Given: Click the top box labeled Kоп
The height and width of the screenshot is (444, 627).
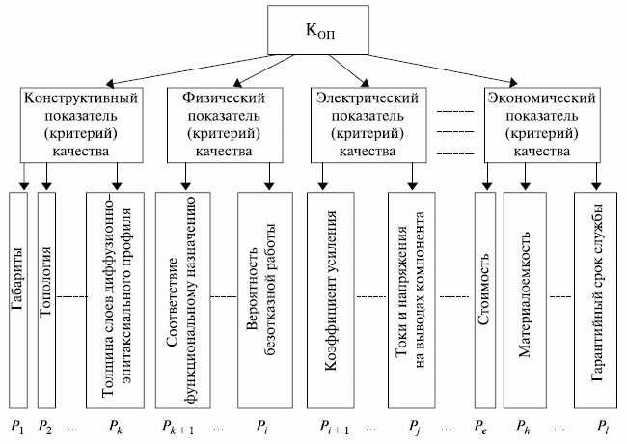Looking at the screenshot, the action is tap(318, 30).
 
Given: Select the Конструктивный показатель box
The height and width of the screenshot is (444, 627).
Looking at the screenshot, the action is tap(82, 125).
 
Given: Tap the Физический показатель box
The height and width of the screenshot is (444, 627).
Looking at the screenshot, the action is tap(225, 125).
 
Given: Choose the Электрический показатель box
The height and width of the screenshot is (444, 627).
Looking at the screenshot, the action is tap(368, 125).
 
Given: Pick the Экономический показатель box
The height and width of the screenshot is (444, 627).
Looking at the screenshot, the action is tap(542, 125).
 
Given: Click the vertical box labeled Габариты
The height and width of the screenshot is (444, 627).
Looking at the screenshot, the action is tap(18, 300).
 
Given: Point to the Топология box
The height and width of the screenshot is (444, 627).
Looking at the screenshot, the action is tap(46, 300).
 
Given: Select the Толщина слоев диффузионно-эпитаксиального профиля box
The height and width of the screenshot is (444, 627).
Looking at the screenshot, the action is tap(115, 300).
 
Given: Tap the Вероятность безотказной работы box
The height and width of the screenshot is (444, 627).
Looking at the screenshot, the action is tap(265, 300).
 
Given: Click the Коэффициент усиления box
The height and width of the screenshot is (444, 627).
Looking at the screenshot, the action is tap(330, 300).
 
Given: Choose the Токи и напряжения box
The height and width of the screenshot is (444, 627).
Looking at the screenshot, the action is tap(412, 300).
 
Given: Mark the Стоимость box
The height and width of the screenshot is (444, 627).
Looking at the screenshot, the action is tap(485, 300).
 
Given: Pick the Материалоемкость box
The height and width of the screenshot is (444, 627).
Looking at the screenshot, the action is tap(525, 300).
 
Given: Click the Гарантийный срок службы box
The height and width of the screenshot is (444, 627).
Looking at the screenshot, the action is tap(596, 300).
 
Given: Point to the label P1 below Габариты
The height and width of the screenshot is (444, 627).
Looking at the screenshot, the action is tap(17, 428).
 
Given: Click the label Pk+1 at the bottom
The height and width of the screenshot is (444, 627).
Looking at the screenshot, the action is tap(177, 428).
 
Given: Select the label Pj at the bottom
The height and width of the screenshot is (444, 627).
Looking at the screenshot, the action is tap(414, 428).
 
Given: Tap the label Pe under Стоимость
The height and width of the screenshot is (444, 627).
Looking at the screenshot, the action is tap(480, 427).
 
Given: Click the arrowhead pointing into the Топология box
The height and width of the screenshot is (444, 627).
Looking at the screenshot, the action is tap(47, 186).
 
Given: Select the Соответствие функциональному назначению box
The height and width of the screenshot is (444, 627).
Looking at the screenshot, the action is tap(183, 300).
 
